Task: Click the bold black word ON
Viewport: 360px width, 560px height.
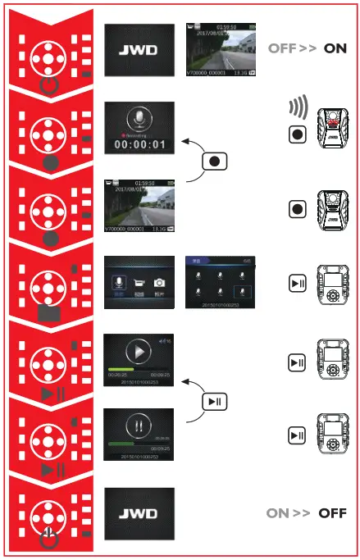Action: coord(335,48)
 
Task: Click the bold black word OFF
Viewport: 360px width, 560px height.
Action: coord(332,513)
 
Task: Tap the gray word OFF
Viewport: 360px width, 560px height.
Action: coord(281,48)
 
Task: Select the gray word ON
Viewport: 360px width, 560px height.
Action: coord(278,513)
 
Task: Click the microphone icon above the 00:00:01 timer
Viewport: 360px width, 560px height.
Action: coord(139,120)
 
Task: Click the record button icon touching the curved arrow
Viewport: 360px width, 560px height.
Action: coord(214,162)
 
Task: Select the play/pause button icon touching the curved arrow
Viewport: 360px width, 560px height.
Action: coord(214,401)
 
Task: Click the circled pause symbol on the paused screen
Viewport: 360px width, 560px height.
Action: coord(139,428)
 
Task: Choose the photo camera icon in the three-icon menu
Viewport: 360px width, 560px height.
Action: coord(160,283)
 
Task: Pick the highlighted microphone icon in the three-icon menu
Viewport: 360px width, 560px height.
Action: coord(118,283)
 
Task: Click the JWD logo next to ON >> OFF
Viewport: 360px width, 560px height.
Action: coord(139,503)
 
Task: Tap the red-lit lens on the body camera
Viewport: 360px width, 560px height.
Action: coord(332,122)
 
